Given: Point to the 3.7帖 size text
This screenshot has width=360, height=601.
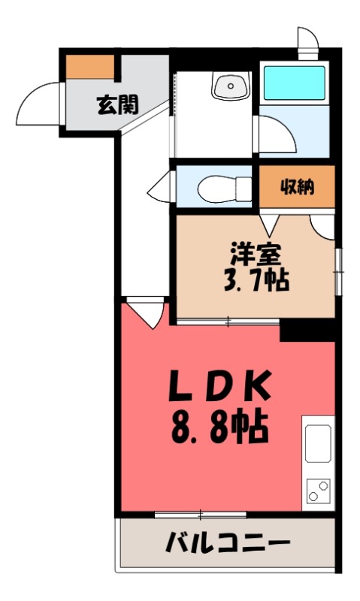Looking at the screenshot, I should tap(256, 282).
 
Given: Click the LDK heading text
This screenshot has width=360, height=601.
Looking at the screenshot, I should tap(219, 388).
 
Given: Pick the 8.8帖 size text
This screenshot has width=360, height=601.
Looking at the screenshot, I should tap(219, 430).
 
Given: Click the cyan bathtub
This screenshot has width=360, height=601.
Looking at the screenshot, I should tap(293, 85).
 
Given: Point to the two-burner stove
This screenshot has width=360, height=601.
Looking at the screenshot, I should tap(318, 491).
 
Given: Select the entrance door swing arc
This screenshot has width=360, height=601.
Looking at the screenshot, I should tap(40, 104).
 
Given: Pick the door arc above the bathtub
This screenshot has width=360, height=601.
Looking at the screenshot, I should tap(307, 38).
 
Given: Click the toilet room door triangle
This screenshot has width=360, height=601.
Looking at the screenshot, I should tap(161, 187).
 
